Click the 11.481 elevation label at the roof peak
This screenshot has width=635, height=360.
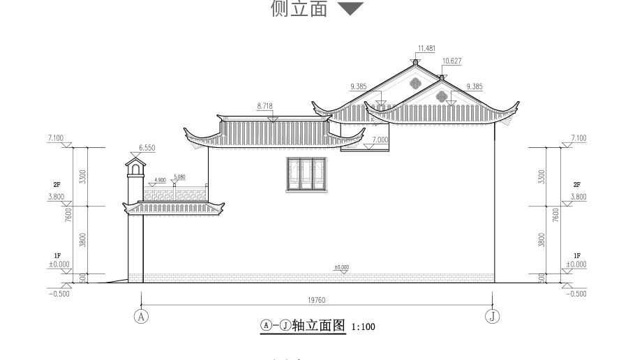pyautogui.click(x=426, y=48)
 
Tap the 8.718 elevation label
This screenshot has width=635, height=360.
pyautogui.click(x=264, y=105)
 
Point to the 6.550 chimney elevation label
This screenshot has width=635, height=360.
pyautogui.click(x=147, y=148)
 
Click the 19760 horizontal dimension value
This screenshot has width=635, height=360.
pyautogui.click(x=317, y=300)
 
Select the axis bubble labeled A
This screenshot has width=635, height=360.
pyautogui.click(x=142, y=315)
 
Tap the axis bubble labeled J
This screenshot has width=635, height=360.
pyautogui.click(x=493, y=315)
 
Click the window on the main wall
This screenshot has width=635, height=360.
pyautogui.click(x=306, y=174)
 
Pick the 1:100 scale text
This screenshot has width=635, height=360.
pyautogui.click(x=363, y=326)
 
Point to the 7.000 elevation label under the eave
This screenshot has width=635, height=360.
pyautogui.click(x=380, y=140)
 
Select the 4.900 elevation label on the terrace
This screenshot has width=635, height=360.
pyautogui.click(x=160, y=180)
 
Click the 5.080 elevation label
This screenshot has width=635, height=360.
pyautogui.click(x=179, y=177)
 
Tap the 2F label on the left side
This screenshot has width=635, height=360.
pyautogui.click(x=57, y=184)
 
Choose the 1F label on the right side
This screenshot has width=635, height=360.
pyautogui.click(x=577, y=256)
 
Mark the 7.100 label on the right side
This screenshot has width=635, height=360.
pyautogui.click(x=578, y=138)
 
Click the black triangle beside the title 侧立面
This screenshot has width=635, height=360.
pyautogui.click(x=350, y=9)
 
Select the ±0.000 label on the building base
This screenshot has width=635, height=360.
pyautogui.click(x=341, y=267)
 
